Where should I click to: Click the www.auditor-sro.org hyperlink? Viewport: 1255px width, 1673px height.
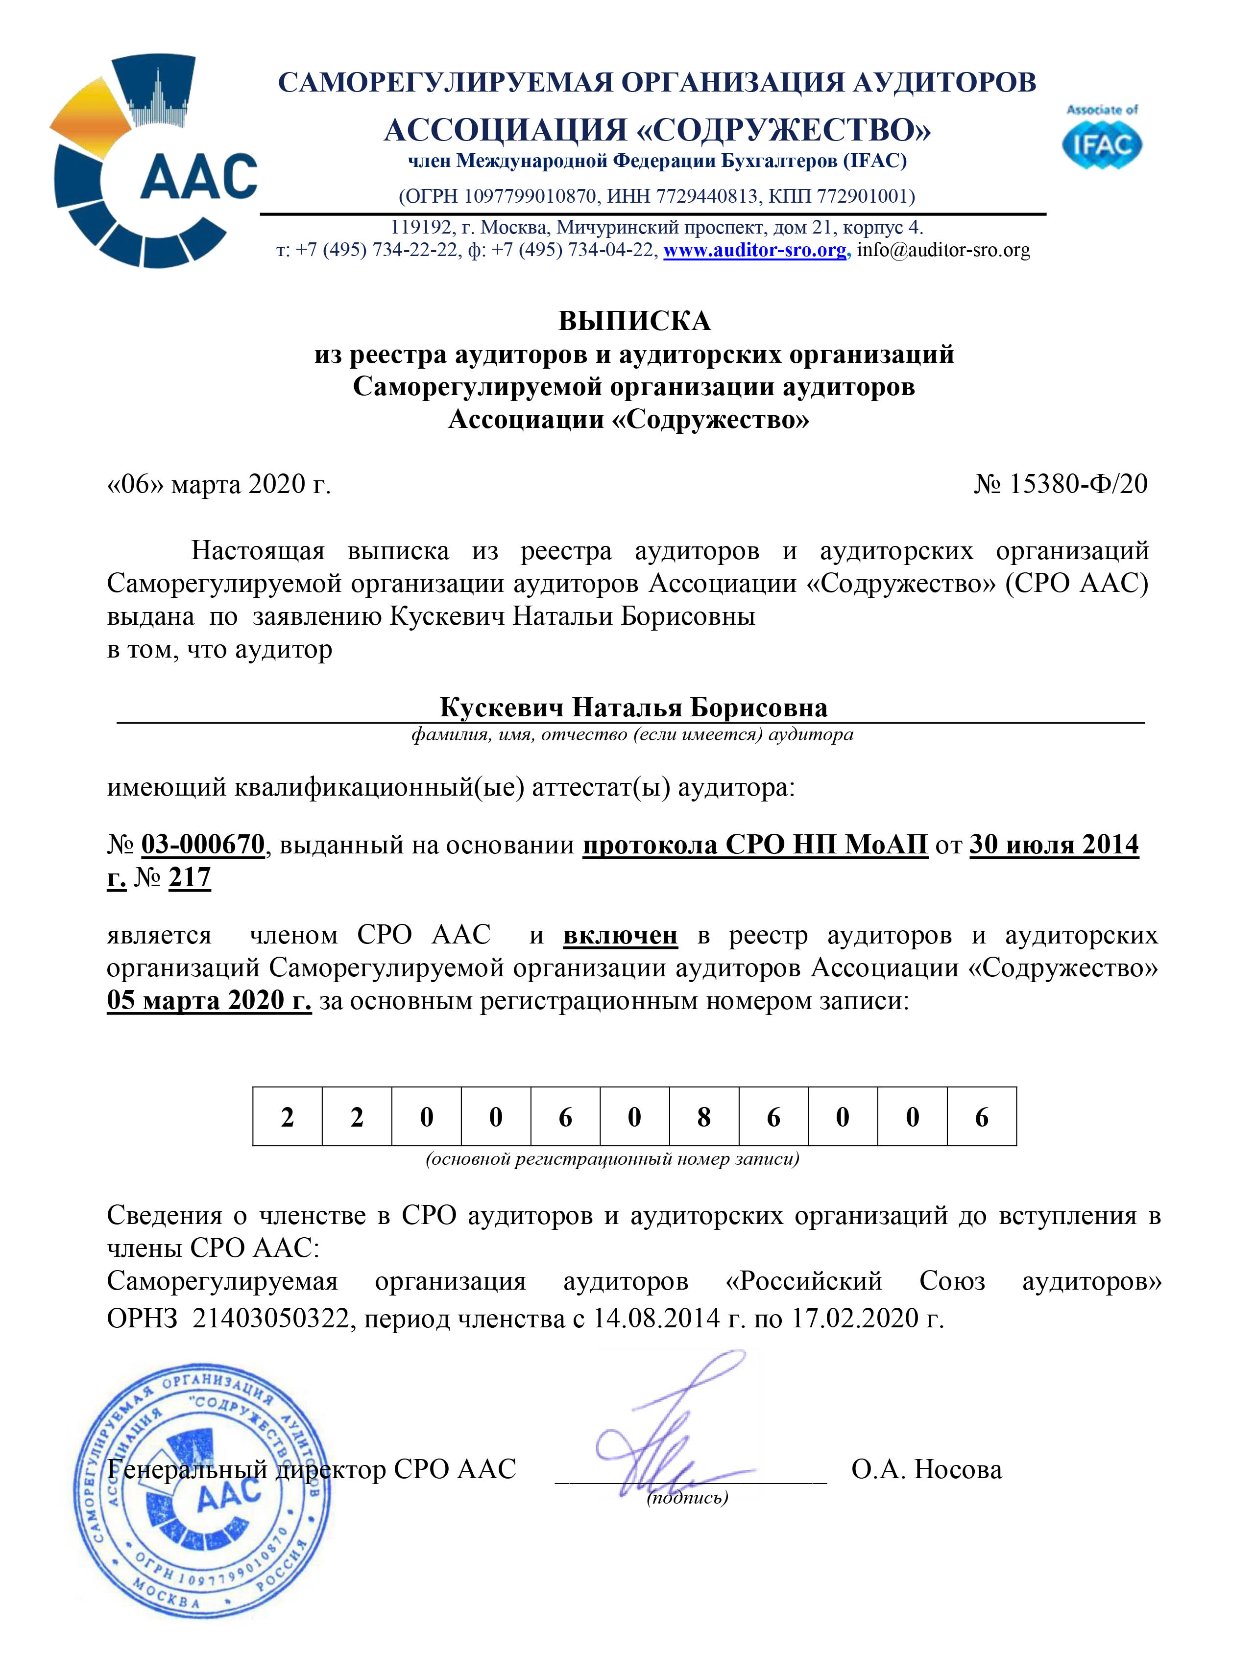click(754, 250)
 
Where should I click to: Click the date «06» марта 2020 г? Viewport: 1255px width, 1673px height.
click(219, 484)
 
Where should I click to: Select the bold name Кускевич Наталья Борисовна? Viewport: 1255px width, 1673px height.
click(633, 708)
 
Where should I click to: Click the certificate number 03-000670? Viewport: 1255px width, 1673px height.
click(203, 844)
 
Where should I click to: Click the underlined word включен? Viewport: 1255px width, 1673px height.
click(620, 936)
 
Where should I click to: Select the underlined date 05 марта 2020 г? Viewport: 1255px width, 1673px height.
click(209, 1001)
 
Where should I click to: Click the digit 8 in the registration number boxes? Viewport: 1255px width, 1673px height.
click(703, 1117)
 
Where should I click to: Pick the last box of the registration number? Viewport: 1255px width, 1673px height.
click(981, 1117)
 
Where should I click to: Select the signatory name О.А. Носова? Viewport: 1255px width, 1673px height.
click(926, 1469)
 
